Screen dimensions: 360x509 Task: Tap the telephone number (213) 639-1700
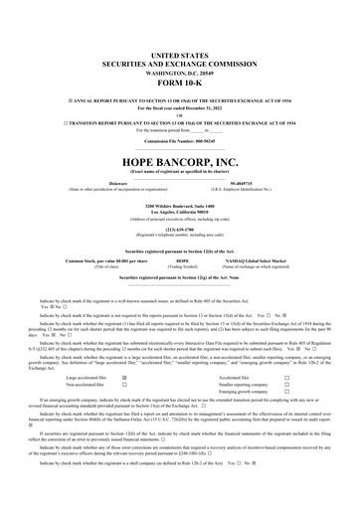179,204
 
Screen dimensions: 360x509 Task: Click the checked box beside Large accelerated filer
123,379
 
